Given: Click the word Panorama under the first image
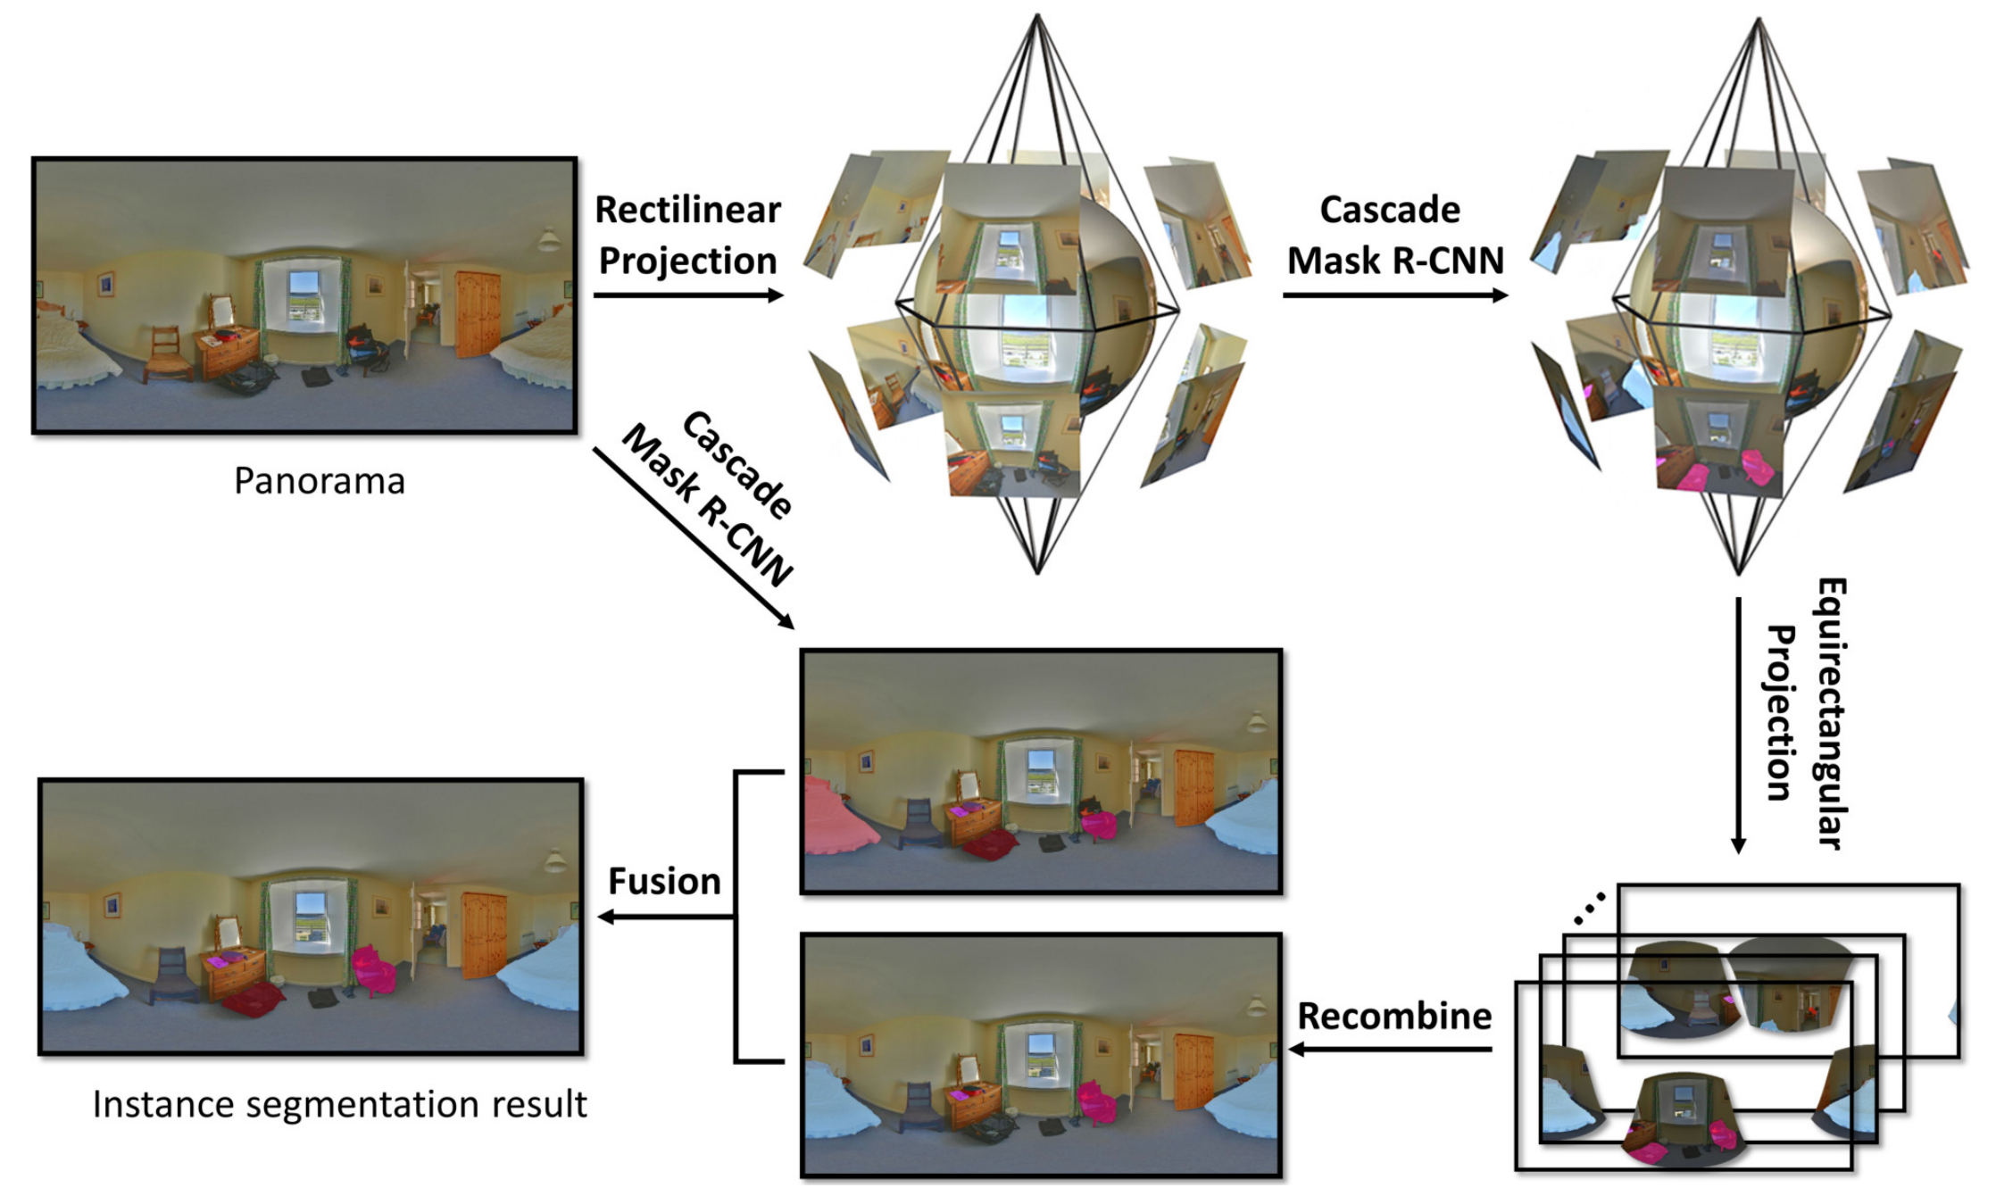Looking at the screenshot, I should [319, 481].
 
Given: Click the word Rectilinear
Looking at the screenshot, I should [687, 211].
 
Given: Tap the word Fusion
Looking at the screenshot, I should [664, 882].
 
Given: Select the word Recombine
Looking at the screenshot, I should [1393, 1016].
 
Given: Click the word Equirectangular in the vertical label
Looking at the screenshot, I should [1831, 714].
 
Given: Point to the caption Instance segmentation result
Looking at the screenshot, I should [339, 1105].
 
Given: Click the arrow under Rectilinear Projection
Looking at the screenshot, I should [687, 295].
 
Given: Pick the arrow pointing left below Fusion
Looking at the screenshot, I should [665, 917].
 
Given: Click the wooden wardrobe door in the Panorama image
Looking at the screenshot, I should [478, 312].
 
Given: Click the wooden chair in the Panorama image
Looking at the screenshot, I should [167, 353].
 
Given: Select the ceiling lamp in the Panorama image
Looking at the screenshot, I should [548, 239].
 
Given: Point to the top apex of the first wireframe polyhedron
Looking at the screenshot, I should [1037, 15].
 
